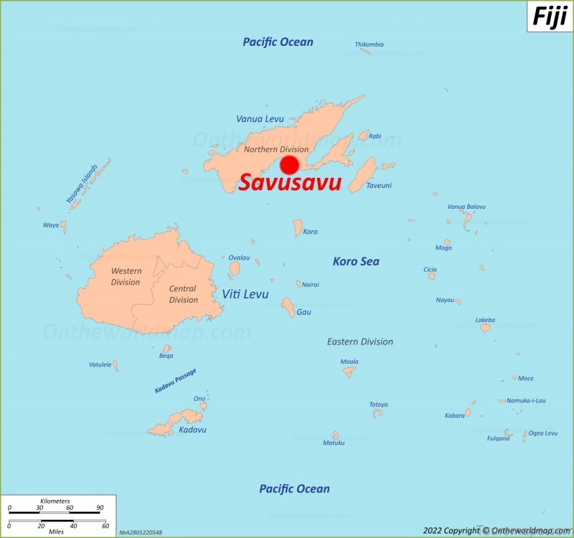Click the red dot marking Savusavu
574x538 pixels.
tap(289, 165)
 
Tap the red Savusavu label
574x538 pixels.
tap(290, 184)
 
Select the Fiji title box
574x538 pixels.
tap(550, 16)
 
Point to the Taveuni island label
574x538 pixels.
tap(379, 185)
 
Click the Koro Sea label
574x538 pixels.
tap(356, 262)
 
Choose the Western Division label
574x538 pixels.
tap(126, 276)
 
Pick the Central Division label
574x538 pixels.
tap(183, 294)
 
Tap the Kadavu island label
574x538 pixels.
tap(192, 430)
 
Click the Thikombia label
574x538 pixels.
tap(369, 44)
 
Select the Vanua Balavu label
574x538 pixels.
tap(466, 207)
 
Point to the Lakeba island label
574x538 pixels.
tap(485, 320)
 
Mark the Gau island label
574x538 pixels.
tap(304, 312)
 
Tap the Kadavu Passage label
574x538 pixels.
tap(175, 381)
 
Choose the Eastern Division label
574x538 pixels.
tap(360, 341)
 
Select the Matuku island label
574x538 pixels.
tap(334, 443)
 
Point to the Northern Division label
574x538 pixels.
tap(276, 149)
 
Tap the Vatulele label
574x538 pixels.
tap(100, 364)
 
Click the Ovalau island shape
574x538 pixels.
tap(235, 269)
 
